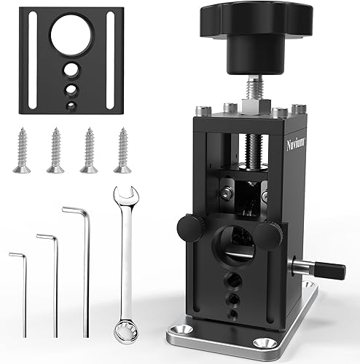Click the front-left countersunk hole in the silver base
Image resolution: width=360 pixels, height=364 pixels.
coord(181,338)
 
